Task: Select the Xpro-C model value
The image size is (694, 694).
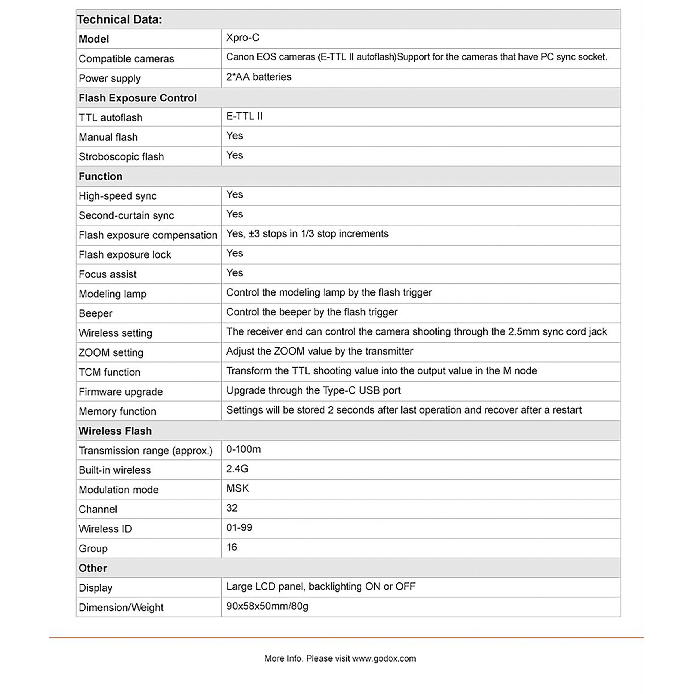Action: pos(243,38)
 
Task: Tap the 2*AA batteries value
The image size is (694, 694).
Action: pos(259,77)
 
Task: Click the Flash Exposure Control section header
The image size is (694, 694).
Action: pos(138,98)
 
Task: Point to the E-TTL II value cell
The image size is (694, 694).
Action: pos(244,116)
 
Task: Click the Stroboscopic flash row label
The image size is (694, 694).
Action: pos(121,157)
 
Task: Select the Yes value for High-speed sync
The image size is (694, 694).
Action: pos(235,194)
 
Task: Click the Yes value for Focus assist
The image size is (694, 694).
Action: pos(235,273)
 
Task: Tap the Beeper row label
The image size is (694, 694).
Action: pos(95,313)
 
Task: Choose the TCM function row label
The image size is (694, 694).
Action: pos(109,372)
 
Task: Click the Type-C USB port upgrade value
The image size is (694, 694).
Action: pos(313,390)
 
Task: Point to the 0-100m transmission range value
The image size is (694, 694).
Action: pos(243,449)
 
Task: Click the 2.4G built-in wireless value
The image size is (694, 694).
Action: pos(237,469)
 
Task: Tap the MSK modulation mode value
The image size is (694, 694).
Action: pos(237,488)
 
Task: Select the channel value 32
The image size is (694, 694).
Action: pos(232,508)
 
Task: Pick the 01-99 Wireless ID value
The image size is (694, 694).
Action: pos(239,527)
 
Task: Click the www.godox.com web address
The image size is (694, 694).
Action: pos(384,658)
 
